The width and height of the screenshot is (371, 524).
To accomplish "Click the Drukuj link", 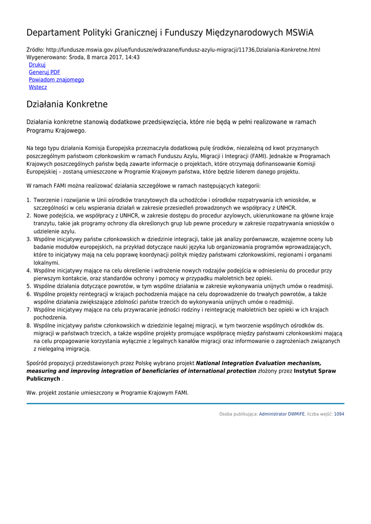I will (37, 65).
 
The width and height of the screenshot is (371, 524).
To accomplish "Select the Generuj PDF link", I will (45, 73).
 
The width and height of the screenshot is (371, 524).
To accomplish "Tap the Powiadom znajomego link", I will (56, 80).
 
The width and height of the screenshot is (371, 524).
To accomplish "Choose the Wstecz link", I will (38, 88).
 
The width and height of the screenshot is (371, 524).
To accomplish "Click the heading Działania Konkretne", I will (67, 104).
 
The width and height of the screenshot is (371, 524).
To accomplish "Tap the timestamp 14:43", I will (132, 57).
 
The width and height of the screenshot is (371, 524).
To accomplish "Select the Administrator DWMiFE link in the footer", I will (281, 414).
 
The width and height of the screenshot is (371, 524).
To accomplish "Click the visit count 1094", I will (339, 414).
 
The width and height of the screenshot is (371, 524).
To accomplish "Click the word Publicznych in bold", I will (43, 379).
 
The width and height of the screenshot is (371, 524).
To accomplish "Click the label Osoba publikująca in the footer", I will (238, 414).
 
